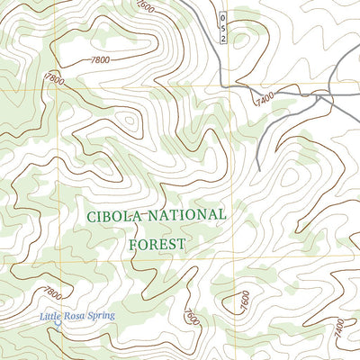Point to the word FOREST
point(154,244)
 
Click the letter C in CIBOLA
point(92,216)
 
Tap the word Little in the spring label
point(52,316)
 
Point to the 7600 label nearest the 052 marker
point(145,6)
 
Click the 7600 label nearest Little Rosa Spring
point(190,316)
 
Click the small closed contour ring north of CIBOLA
point(130,119)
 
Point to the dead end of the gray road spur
point(258,168)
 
